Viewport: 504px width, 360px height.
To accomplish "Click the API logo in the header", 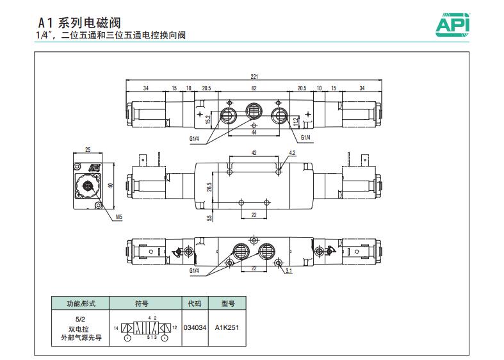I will (x=453, y=24).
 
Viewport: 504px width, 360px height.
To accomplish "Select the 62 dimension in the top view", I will (x=254, y=88).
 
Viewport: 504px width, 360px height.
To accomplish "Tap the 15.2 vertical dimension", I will (x=207, y=119).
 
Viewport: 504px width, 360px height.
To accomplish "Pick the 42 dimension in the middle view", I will (x=254, y=153).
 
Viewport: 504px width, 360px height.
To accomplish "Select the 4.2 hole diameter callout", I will (x=293, y=153).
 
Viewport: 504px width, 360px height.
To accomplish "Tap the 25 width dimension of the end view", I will (x=88, y=149).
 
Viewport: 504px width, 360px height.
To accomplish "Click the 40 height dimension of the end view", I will (x=111, y=185).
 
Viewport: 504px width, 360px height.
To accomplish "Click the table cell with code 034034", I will (x=195, y=327).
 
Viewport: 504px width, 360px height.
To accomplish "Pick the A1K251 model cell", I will (x=227, y=327).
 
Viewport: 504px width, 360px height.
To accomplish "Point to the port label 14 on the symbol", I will (x=116, y=327).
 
